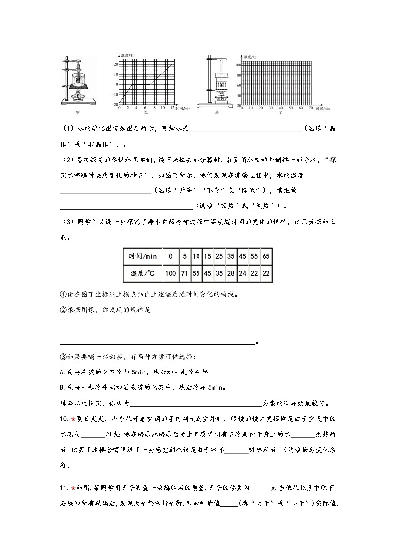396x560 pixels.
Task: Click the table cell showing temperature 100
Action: point(171,273)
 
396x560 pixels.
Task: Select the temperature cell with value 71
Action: point(185,273)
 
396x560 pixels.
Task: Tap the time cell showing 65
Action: point(266,256)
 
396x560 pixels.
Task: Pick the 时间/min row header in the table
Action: point(143,256)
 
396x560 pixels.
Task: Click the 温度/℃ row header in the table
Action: point(143,273)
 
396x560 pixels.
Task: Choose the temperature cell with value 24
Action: point(243,273)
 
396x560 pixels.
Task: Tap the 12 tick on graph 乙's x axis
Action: point(172,108)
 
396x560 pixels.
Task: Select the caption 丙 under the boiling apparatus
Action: point(217,113)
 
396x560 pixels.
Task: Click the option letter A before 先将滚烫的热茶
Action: point(61,372)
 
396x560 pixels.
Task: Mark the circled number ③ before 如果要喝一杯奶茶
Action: point(62,357)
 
